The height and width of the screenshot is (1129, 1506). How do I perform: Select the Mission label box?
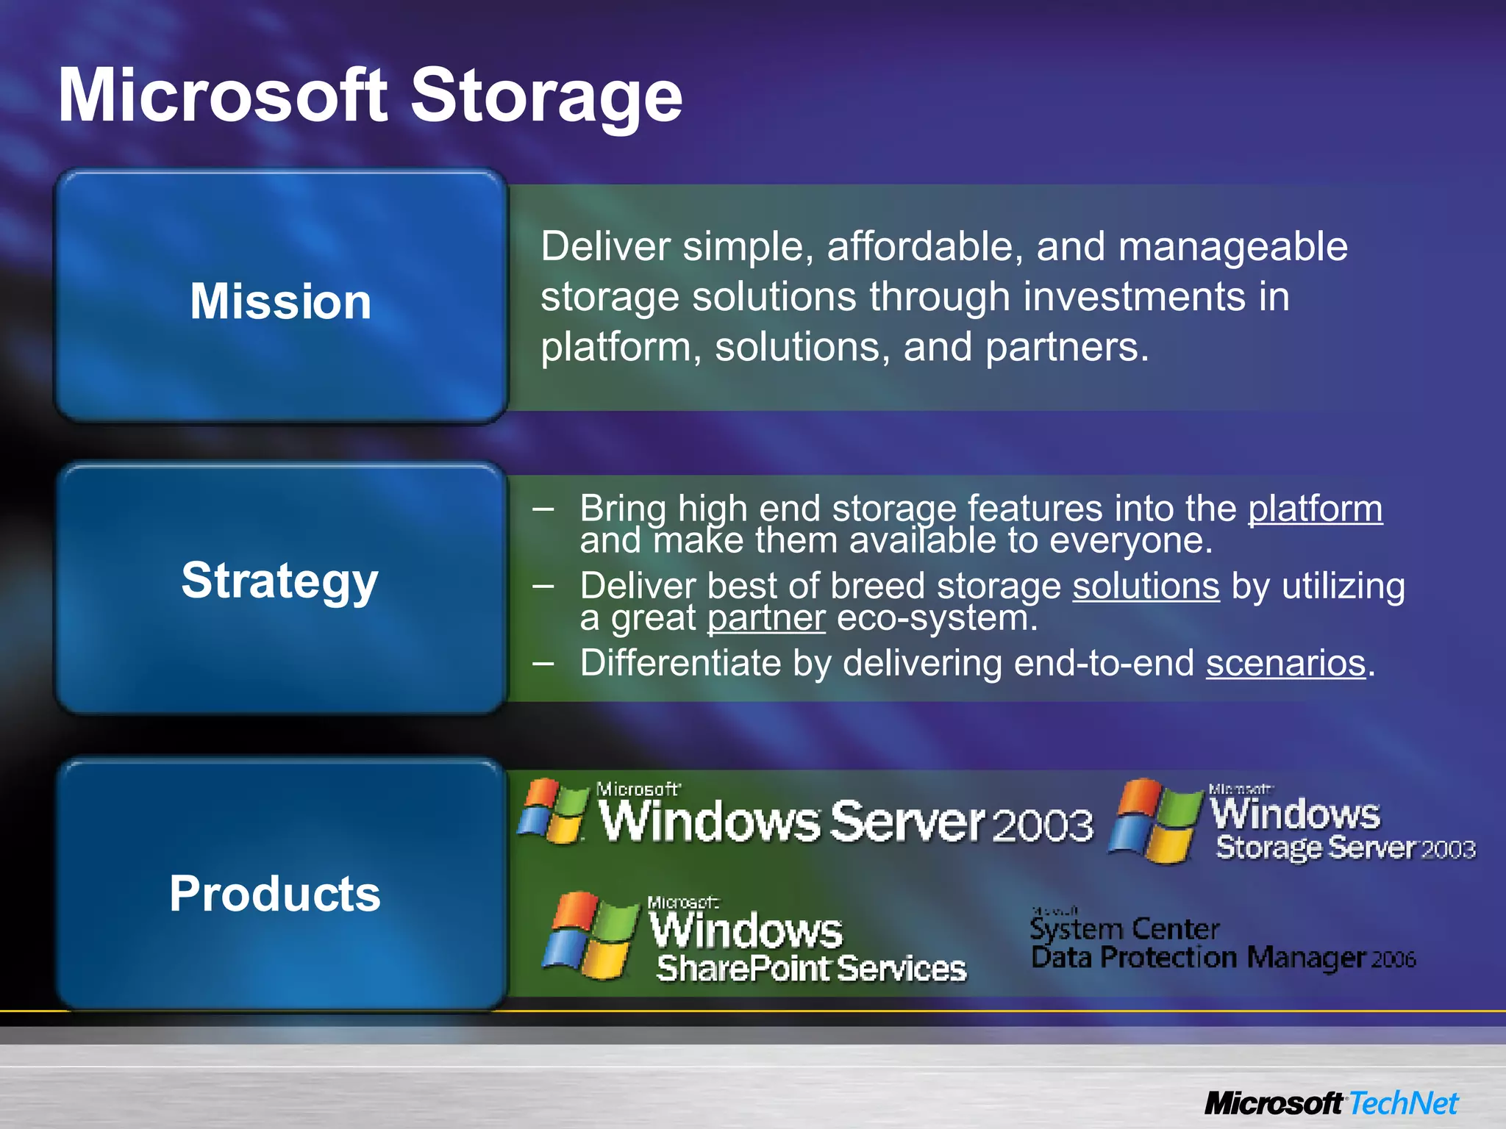tap(281, 298)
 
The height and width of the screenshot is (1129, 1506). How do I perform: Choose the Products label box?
tap(281, 886)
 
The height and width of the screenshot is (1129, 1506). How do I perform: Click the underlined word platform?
tap(1315, 509)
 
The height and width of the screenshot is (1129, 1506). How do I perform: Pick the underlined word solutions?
tap(1146, 587)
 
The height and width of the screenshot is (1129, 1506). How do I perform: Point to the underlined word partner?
tap(766, 618)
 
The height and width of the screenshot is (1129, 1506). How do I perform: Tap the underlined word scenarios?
tap(1285, 663)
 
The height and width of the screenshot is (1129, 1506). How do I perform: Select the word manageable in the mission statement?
tap(1232, 246)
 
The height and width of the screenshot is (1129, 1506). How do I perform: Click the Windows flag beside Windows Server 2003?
tap(552, 811)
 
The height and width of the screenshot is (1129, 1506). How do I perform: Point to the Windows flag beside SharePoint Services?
tap(590, 936)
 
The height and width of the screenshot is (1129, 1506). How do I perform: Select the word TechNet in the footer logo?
tap(1403, 1103)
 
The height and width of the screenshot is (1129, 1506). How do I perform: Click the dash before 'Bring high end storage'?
tap(543, 509)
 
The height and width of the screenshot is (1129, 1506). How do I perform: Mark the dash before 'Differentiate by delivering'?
tap(543, 663)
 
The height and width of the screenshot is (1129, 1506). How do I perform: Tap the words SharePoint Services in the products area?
tap(811, 969)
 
